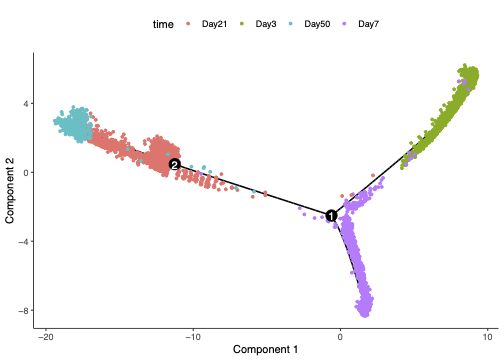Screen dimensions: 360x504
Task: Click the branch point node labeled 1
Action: (x=331, y=215)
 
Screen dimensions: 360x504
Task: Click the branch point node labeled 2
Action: (x=174, y=164)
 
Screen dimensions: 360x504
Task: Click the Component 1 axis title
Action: (x=266, y=351)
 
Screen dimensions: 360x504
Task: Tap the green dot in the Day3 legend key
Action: (x=248, y=20)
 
